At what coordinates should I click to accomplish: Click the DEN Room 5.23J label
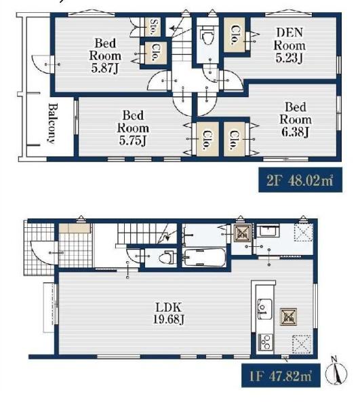tap(289, 45)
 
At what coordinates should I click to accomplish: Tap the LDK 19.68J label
tap(169, 313)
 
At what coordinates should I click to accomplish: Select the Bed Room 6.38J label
tap(296, 119)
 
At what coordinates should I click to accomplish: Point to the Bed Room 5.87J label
tap(105, 56)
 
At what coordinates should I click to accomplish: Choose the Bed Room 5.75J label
tap(133, 128)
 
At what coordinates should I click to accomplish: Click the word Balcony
tap(53, 123)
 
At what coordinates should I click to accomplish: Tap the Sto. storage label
tap(153, 27)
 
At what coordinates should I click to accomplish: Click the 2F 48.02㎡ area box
tap(300, 180)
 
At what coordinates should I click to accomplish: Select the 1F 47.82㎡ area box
tap(281, 376)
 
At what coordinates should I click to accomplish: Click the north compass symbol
tap(336, 372)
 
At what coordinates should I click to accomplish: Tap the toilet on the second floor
tap(207, 36)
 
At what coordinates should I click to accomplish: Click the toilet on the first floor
tap(166, 258)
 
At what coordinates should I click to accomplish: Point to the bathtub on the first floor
tap(204, 258)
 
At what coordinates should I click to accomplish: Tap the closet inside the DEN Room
tap(235, 35)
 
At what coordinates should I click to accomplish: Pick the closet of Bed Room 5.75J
tap(207, 139)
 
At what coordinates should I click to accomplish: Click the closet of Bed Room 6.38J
tap(235, 139)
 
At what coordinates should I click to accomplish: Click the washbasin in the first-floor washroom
tap(269, 231)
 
